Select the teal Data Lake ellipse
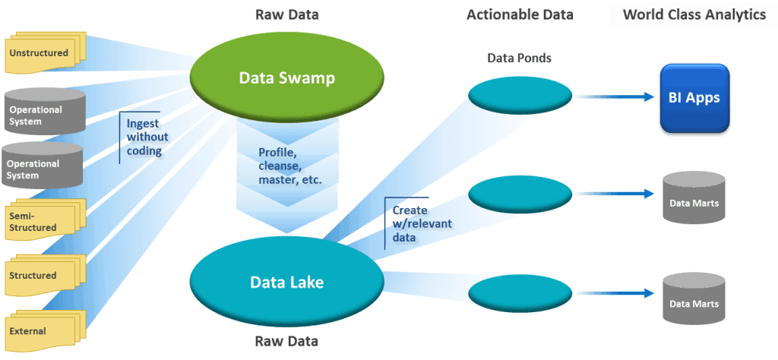[x=286, y=283]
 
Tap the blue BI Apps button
[x=694, y=98]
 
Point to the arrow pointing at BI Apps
[x=615, y=96]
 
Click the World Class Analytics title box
[x=694, y=15]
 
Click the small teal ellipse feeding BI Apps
[x=520, y=96]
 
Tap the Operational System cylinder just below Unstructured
[x=43, y=113]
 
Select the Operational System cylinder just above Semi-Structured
[x=43, y=167]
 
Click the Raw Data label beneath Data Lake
[x=286, y=342]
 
